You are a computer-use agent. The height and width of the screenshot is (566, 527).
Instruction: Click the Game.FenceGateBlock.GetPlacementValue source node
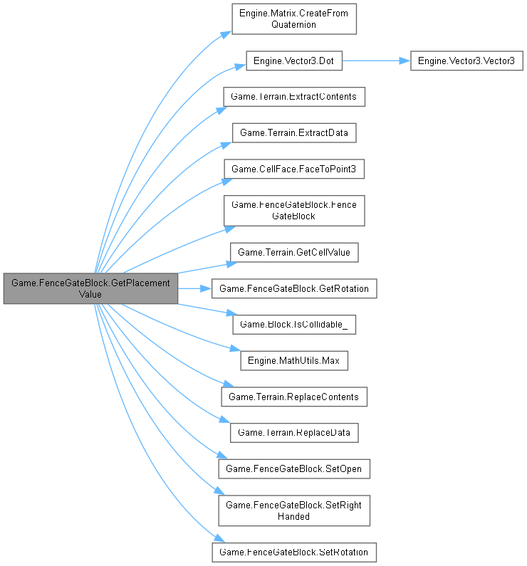90,288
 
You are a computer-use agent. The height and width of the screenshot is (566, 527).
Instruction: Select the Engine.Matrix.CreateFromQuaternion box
294,18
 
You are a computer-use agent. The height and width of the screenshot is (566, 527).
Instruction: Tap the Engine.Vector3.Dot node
294,61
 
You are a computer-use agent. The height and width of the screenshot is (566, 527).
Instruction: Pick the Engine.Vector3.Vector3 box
467,61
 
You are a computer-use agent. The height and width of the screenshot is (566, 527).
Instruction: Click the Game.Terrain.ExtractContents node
294,96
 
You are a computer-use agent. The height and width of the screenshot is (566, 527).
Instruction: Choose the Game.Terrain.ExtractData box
294,132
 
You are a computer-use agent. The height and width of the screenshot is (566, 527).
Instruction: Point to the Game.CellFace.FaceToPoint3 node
294,169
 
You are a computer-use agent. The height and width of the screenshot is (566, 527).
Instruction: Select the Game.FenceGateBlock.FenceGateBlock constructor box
294,211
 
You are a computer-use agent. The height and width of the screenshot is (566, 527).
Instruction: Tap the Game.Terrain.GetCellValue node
294,252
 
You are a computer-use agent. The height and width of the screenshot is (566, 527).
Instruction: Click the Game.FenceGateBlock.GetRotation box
294,288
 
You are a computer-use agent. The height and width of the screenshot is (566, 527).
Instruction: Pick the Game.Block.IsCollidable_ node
294,325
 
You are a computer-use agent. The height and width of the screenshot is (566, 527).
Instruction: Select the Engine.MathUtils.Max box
294,361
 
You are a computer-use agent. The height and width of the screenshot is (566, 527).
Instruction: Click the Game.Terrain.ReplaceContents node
294,397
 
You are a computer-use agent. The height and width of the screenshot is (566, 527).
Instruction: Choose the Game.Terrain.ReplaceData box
294,433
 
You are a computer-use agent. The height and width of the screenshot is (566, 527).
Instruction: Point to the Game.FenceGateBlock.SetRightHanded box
294,510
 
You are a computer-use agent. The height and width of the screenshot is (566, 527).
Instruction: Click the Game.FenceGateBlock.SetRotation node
294,552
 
